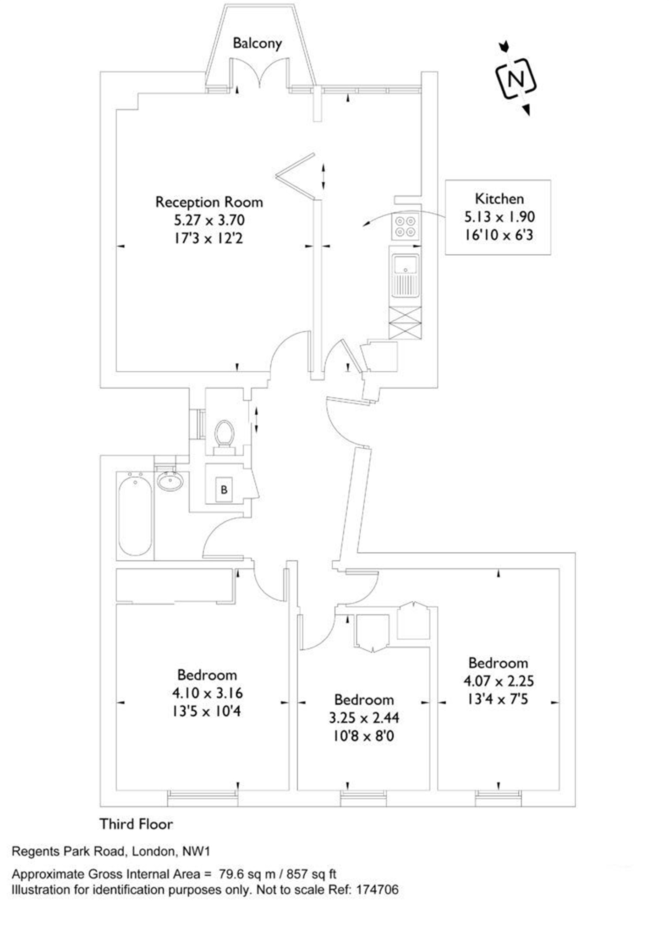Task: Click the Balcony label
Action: pos(257,43)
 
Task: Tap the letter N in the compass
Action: pos(516,79)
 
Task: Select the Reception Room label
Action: pos(209,202)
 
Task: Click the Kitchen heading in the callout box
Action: pos(499,199)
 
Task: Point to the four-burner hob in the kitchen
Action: pos(405,226)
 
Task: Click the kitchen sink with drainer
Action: pos(405,275)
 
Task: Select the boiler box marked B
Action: pos(224,489)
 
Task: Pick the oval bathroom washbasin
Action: pos(170,481)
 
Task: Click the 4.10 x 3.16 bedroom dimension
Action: pos(207,692)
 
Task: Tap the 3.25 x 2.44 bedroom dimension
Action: pos(364,717)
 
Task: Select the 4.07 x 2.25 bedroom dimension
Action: pos(499,681)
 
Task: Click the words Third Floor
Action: pos(136,824)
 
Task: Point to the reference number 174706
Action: pos(377,890)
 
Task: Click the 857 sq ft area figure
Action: pos(311,874)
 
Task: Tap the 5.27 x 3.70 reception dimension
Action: pos(209,220)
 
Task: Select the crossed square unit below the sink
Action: pos(405,323)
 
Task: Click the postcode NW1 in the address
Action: pos(196,851)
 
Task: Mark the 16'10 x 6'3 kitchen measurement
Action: pos(499,236)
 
